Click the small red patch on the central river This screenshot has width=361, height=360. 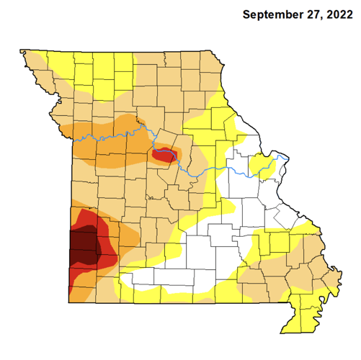(x=165, y=153)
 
